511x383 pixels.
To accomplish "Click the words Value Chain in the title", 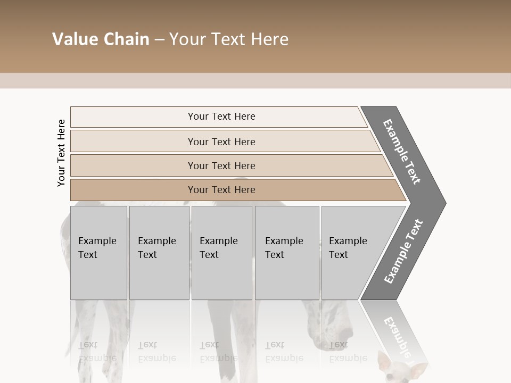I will click(101, 39).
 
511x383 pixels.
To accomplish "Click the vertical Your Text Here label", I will click(61, 153).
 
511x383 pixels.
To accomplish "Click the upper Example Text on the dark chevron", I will click(402, 152).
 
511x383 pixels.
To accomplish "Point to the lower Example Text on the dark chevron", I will click(403, 252).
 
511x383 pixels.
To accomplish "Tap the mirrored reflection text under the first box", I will click(97, 352).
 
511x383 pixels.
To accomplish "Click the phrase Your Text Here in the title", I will click(229, 39).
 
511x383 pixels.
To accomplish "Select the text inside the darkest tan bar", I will click(221, 190).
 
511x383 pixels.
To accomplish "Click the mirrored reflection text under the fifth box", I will click(348, 352).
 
